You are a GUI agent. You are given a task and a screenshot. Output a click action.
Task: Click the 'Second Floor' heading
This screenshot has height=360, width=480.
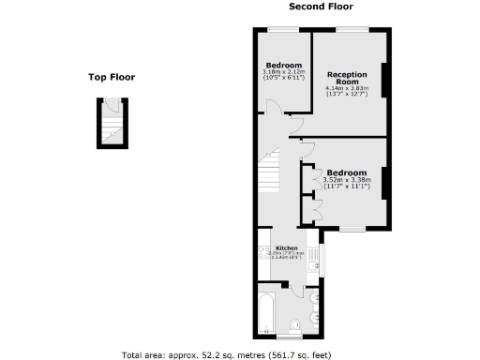pos(321,7)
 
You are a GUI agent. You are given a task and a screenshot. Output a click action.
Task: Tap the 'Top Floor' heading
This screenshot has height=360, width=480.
pos(112,78)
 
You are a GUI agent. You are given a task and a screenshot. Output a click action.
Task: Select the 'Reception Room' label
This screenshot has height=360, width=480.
pos(347,79)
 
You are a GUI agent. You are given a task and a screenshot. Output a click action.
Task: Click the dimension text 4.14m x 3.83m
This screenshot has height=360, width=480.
pos(347,91)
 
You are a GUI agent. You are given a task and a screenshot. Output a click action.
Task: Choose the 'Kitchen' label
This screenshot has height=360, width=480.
pos(286,247)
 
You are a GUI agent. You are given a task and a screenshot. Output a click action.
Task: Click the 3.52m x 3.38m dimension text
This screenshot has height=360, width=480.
pos(346,183)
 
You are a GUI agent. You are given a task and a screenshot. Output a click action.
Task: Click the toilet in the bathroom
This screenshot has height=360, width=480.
pos(296,324)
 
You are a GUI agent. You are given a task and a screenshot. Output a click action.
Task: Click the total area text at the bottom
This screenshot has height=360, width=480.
pos(239,354)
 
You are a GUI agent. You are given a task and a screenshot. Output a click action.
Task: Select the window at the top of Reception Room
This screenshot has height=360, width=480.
pos(352,30)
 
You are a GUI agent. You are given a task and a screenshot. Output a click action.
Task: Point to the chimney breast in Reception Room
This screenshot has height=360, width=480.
pos(383,81)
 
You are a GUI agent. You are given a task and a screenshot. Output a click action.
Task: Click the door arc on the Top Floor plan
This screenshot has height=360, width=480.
pos(108,139)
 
